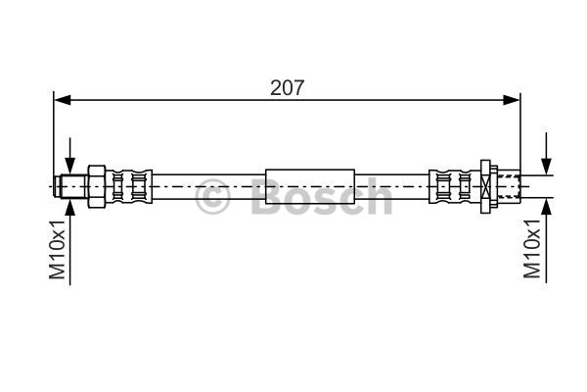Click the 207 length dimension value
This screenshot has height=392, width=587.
[x=287, y=88]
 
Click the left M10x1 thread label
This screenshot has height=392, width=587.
[x=58, y=250]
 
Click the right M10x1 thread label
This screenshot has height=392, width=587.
[x=532, y=249]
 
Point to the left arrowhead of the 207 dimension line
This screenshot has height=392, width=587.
[x=63, y=100]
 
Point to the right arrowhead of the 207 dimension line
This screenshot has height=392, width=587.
[x=512, y=100]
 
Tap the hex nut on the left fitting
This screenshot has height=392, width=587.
[x=97, y=186]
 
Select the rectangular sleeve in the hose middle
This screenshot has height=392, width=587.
[x=310, y=186]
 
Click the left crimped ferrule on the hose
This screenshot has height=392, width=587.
[x=129, y=186]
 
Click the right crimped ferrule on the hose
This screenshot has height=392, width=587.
[x=455, y=186]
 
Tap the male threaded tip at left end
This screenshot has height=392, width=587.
[x=70, y=186]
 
